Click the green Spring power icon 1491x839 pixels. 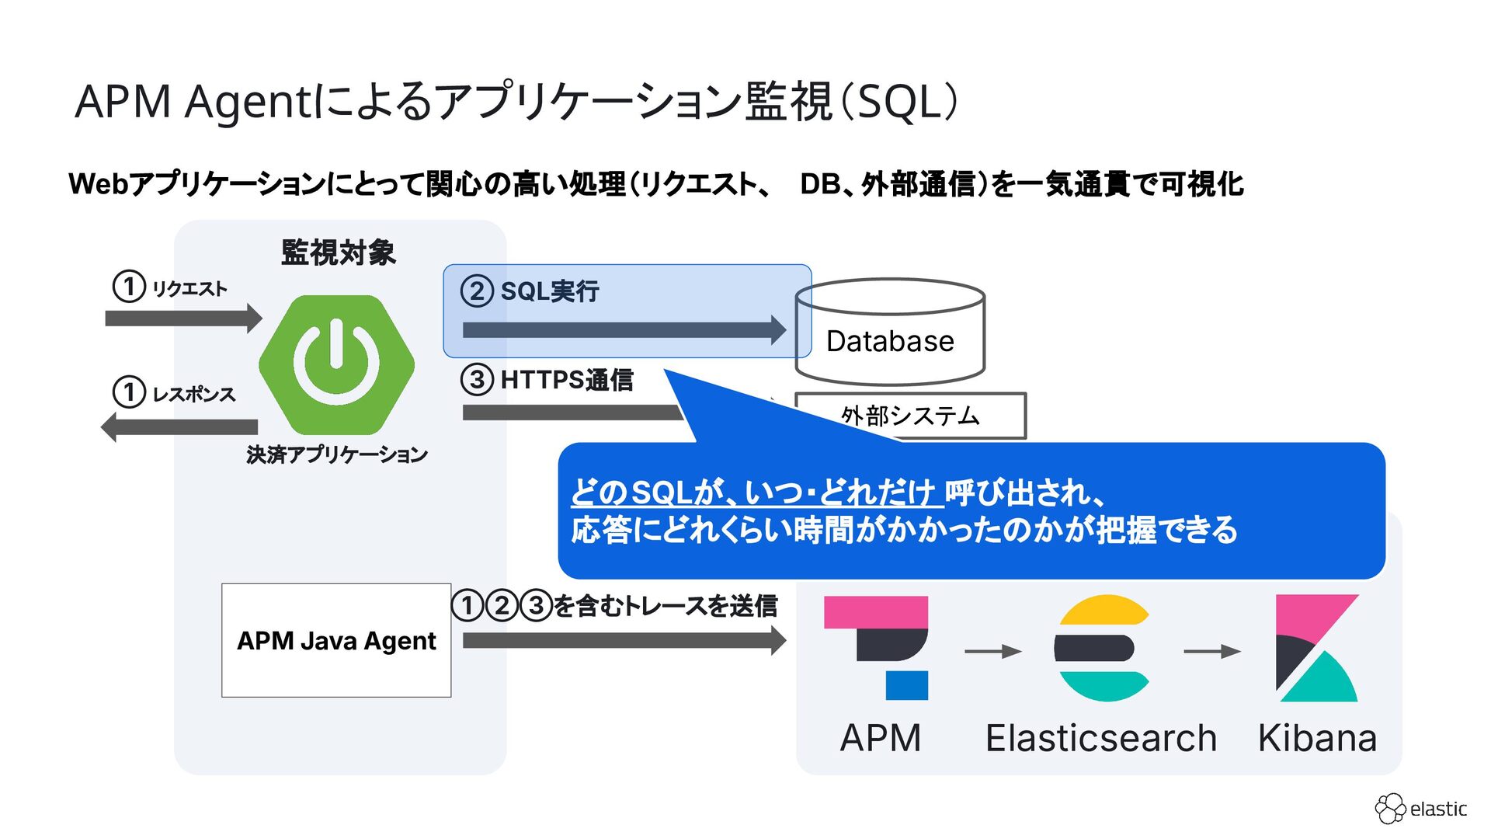[x=336, y=364]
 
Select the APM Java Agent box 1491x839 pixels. [x=336, y=640]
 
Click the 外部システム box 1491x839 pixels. [x=910, y=416]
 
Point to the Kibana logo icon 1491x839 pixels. [x=1317, y=648]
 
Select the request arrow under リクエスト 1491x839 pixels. [x=183, y=319]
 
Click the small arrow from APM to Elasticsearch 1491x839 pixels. [x=992, y=652]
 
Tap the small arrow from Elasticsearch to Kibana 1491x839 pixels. [x=1211, y=652]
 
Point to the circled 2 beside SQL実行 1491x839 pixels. [x=477, y=291]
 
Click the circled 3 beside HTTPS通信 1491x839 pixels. [x=477, y=380]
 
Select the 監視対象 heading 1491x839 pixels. [x=339, y=252]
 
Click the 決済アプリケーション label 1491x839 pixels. [x=337, y=454]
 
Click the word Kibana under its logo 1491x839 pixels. [x=1317, y=738]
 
